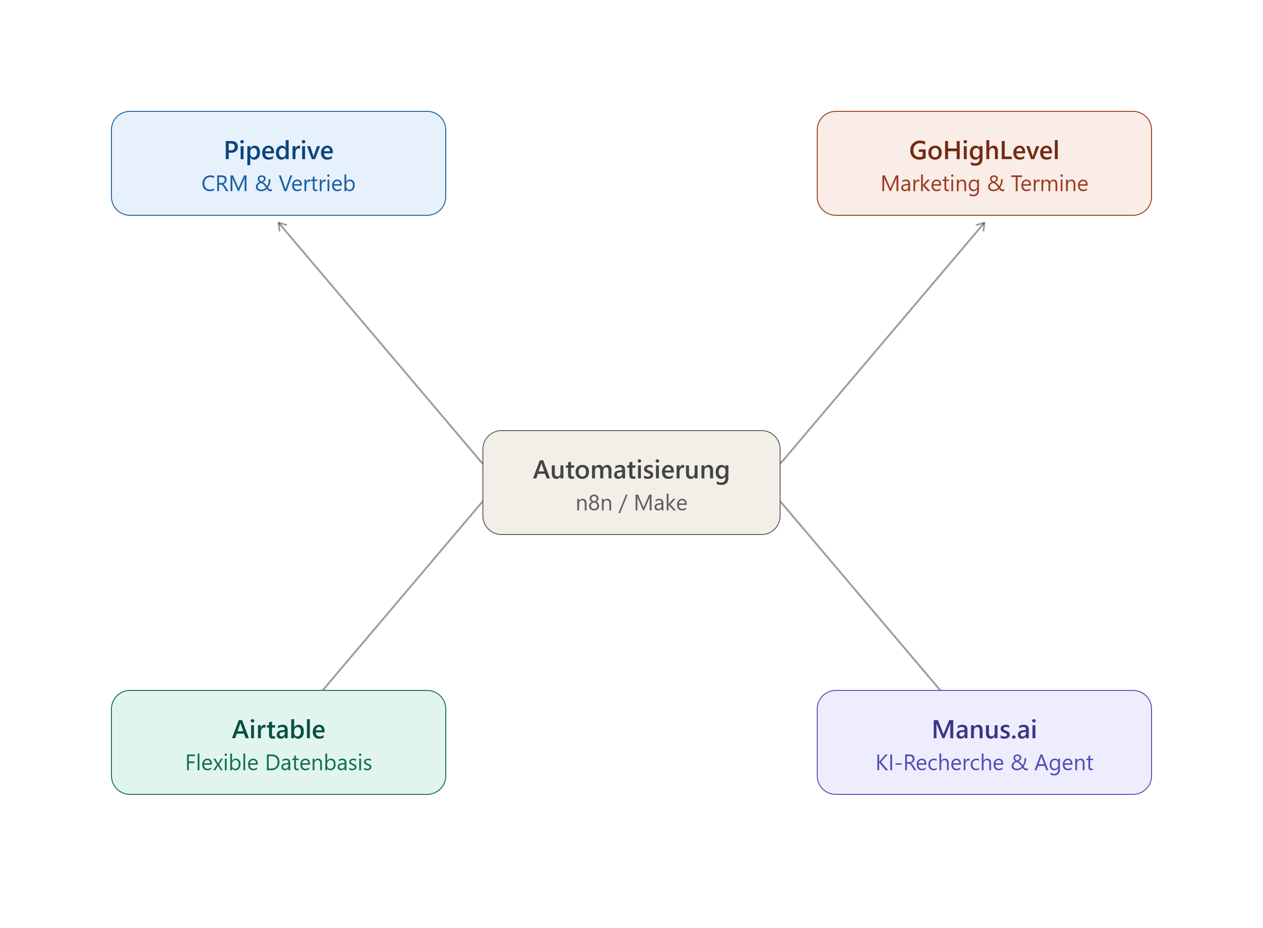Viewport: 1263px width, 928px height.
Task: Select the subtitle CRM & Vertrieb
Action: [x=278, y=184]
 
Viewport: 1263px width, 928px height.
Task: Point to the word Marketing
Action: [x=930, y=184]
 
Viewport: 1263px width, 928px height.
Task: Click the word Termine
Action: [x=1049, y=184]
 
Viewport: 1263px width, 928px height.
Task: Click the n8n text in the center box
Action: [x=593, y=503]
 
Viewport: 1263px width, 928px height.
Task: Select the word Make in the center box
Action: [x=660, y=503]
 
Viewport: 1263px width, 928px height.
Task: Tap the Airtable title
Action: [x=278, y=730]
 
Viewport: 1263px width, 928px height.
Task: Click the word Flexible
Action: [x=222, y=762]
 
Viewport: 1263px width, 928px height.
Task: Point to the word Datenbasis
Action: [x=319, y=762]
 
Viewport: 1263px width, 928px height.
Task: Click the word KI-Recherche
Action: [x=939, y=762]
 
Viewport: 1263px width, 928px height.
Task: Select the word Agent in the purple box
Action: [x=1063, y=763]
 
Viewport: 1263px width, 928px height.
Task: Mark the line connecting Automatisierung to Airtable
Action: [x=403, y=595]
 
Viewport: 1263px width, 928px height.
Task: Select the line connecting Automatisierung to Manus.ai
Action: [x=860, y=595]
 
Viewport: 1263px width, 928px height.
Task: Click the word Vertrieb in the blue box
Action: [x=317, y=184]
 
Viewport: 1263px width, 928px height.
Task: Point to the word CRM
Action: [x=225, y=184]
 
